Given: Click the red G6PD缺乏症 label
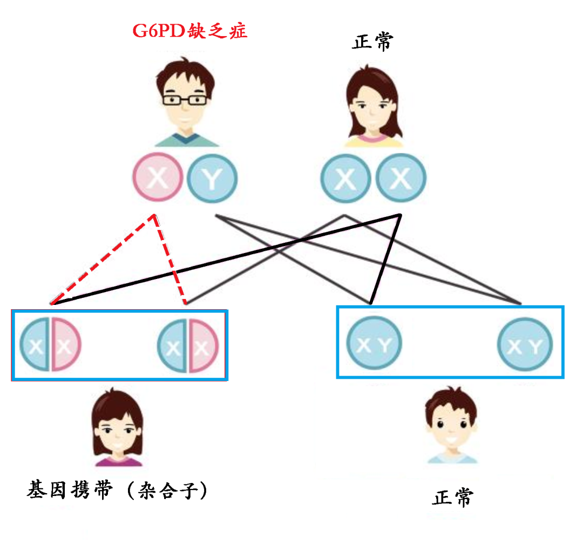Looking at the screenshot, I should click(190, 30).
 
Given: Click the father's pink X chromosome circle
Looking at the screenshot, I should click(158, 178).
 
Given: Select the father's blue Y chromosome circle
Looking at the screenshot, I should click(212, 179).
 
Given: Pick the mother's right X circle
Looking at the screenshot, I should click(401, 179).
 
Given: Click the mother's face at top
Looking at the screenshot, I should click(372, 105).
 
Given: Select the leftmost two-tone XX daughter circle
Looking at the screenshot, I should click(50, 345).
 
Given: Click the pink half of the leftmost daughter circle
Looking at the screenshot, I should click(65, 345).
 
